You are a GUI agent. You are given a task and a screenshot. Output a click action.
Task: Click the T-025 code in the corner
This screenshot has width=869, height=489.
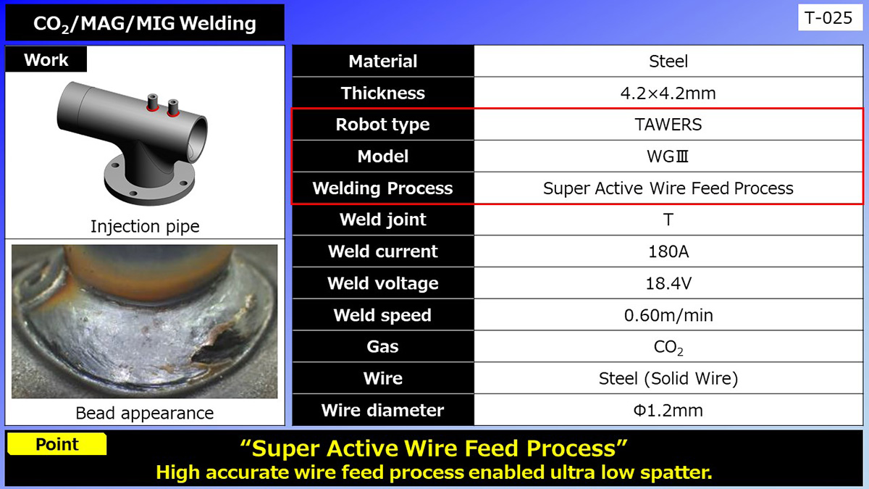click(x=829, y=18)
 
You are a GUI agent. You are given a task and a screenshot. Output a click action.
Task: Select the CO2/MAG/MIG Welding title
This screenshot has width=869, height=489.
click(x=145, y=24)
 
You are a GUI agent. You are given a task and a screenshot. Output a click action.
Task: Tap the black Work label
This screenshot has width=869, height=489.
click(x=46, y=60)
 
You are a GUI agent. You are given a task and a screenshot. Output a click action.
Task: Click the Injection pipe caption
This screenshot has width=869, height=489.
click(x=145, y=226)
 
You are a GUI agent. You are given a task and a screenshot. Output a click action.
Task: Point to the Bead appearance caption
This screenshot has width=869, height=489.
click(x=145, y=413)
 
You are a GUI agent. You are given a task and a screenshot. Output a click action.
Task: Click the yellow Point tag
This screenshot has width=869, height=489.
click(x=57, y=444)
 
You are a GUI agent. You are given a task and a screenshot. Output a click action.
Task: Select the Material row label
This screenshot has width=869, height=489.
click(x=382, y=62)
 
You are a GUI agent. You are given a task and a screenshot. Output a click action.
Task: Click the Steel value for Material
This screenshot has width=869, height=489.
click(x=668, y=62)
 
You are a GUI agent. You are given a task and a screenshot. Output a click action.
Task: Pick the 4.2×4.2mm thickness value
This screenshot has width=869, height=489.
click(x=668, y=93)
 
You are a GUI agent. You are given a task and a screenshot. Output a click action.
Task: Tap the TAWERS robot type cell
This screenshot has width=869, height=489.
click(x=668, y=125)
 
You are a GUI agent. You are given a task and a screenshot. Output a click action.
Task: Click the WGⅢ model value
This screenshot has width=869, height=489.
click(x=668, y=156)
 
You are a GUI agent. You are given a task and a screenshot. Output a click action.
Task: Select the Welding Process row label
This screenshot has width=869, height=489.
click(x=382, y=188)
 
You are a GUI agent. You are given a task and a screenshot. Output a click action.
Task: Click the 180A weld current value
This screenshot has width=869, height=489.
click(x=668, y=251)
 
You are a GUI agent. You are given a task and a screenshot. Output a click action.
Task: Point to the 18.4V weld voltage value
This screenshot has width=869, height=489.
click(x=668, y=283)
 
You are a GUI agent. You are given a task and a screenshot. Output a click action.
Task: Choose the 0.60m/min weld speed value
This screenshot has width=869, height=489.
click(x=668, y=315)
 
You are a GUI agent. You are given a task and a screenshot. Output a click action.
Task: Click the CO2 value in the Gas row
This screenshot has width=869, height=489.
click(x=668, y=347)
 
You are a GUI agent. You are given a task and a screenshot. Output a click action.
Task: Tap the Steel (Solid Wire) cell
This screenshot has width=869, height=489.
click(x=668, y=378)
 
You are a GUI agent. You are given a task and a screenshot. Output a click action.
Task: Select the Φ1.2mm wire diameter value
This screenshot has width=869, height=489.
click(x=668, y=410)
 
